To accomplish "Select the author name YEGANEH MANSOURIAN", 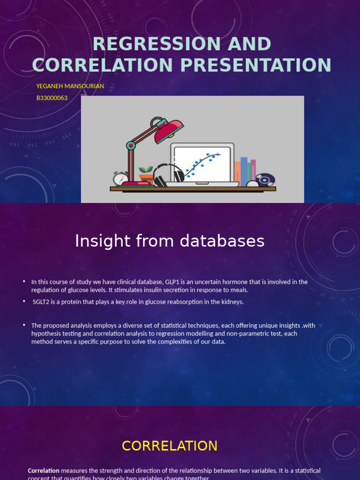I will coord(70,86).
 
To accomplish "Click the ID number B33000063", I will coord(52,98).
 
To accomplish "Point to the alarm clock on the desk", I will coord(120,179).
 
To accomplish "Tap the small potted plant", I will coord(146,175).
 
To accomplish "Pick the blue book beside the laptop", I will coord(244,171).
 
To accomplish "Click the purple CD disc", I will coord(265,180).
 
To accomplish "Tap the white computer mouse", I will coord(253,184).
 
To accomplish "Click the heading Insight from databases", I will coord(170,241).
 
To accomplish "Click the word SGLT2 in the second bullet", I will coord(41,302).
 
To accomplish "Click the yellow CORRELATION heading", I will coord(170,446).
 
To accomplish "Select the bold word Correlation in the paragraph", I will coord(44,471).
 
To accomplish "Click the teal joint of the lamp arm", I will coord(131,146).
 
